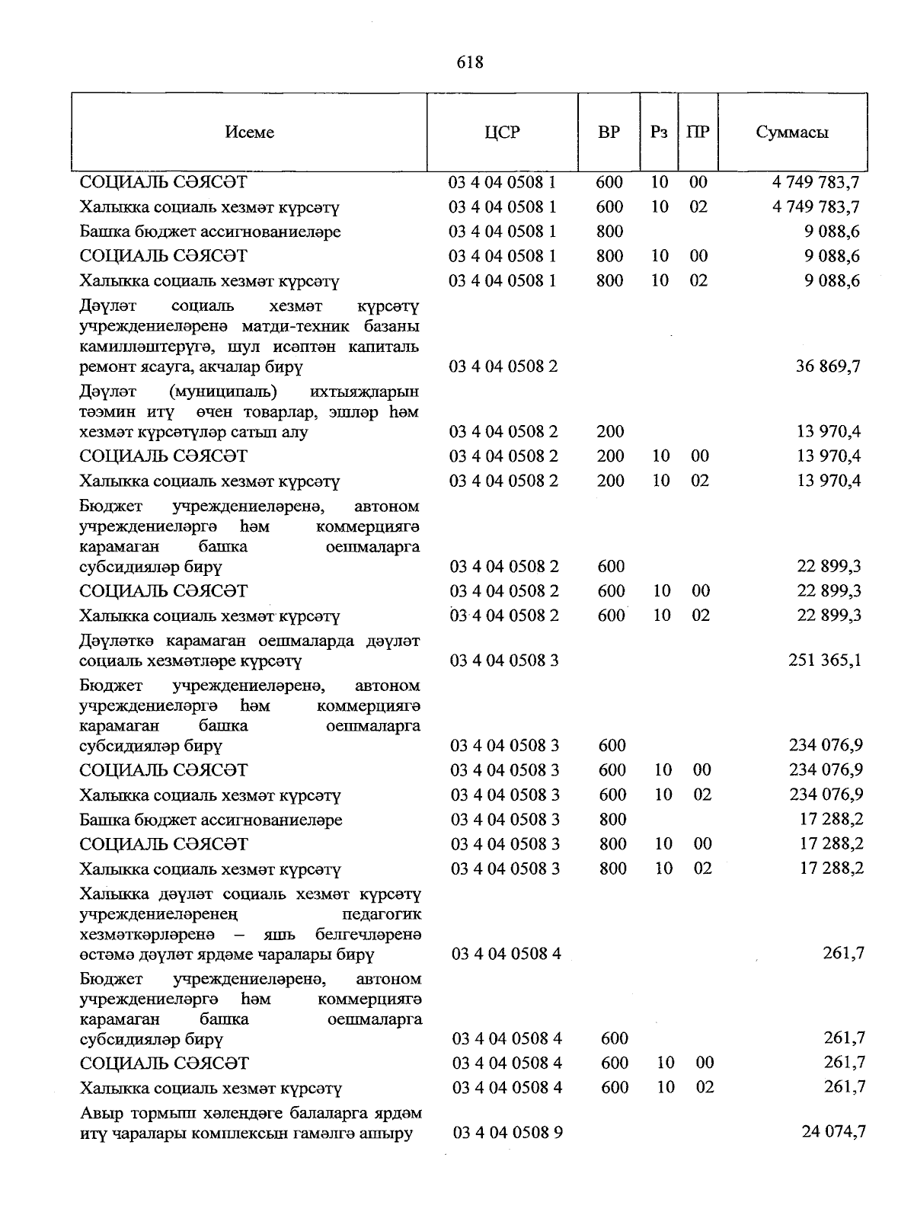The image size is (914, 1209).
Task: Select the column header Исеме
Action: click(x=249, y=133)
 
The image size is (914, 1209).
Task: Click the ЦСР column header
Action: click(x=502, y=133)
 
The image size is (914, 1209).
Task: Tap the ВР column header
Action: click(x=609, y=133)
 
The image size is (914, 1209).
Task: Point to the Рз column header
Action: click(x=659, y=133)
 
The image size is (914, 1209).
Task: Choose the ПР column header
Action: click(x=698, y=133)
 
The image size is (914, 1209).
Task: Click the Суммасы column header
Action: click(x=792, y=133)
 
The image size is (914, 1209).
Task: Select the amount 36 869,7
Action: click(x=829, y=366)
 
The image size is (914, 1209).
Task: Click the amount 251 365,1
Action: click(x=825, y=660)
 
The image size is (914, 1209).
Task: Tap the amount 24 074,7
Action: click(x=833, y=1132)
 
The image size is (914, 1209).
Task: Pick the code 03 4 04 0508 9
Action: click(x=507, y=1133)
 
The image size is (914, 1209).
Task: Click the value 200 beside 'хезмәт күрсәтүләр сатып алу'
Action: click(x=610, y=432)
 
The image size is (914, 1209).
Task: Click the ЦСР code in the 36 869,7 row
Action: click(x=503, y=367)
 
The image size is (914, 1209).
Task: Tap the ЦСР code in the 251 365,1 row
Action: click(x=504, y=660)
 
